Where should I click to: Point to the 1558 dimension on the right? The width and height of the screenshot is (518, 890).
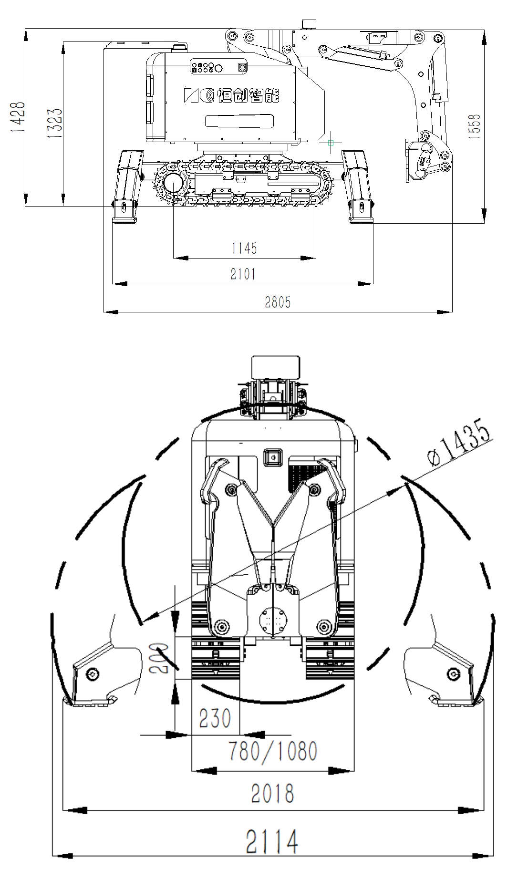tap(474, 126)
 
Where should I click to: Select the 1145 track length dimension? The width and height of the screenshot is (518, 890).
tap(244, 248)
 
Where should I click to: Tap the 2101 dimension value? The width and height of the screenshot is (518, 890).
tap(243, 274)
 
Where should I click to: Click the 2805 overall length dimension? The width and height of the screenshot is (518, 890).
tap(278, 301)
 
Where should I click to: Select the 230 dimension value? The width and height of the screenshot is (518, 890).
tap(215, 718)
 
